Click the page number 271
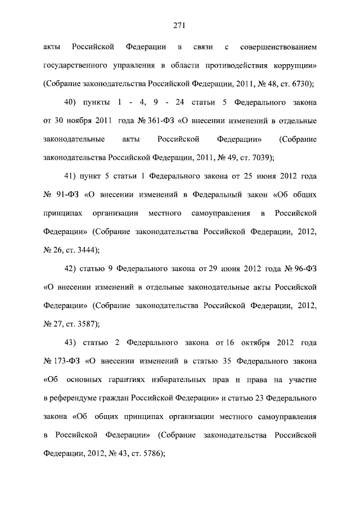click(179, 25)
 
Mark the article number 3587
click(89, 324)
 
